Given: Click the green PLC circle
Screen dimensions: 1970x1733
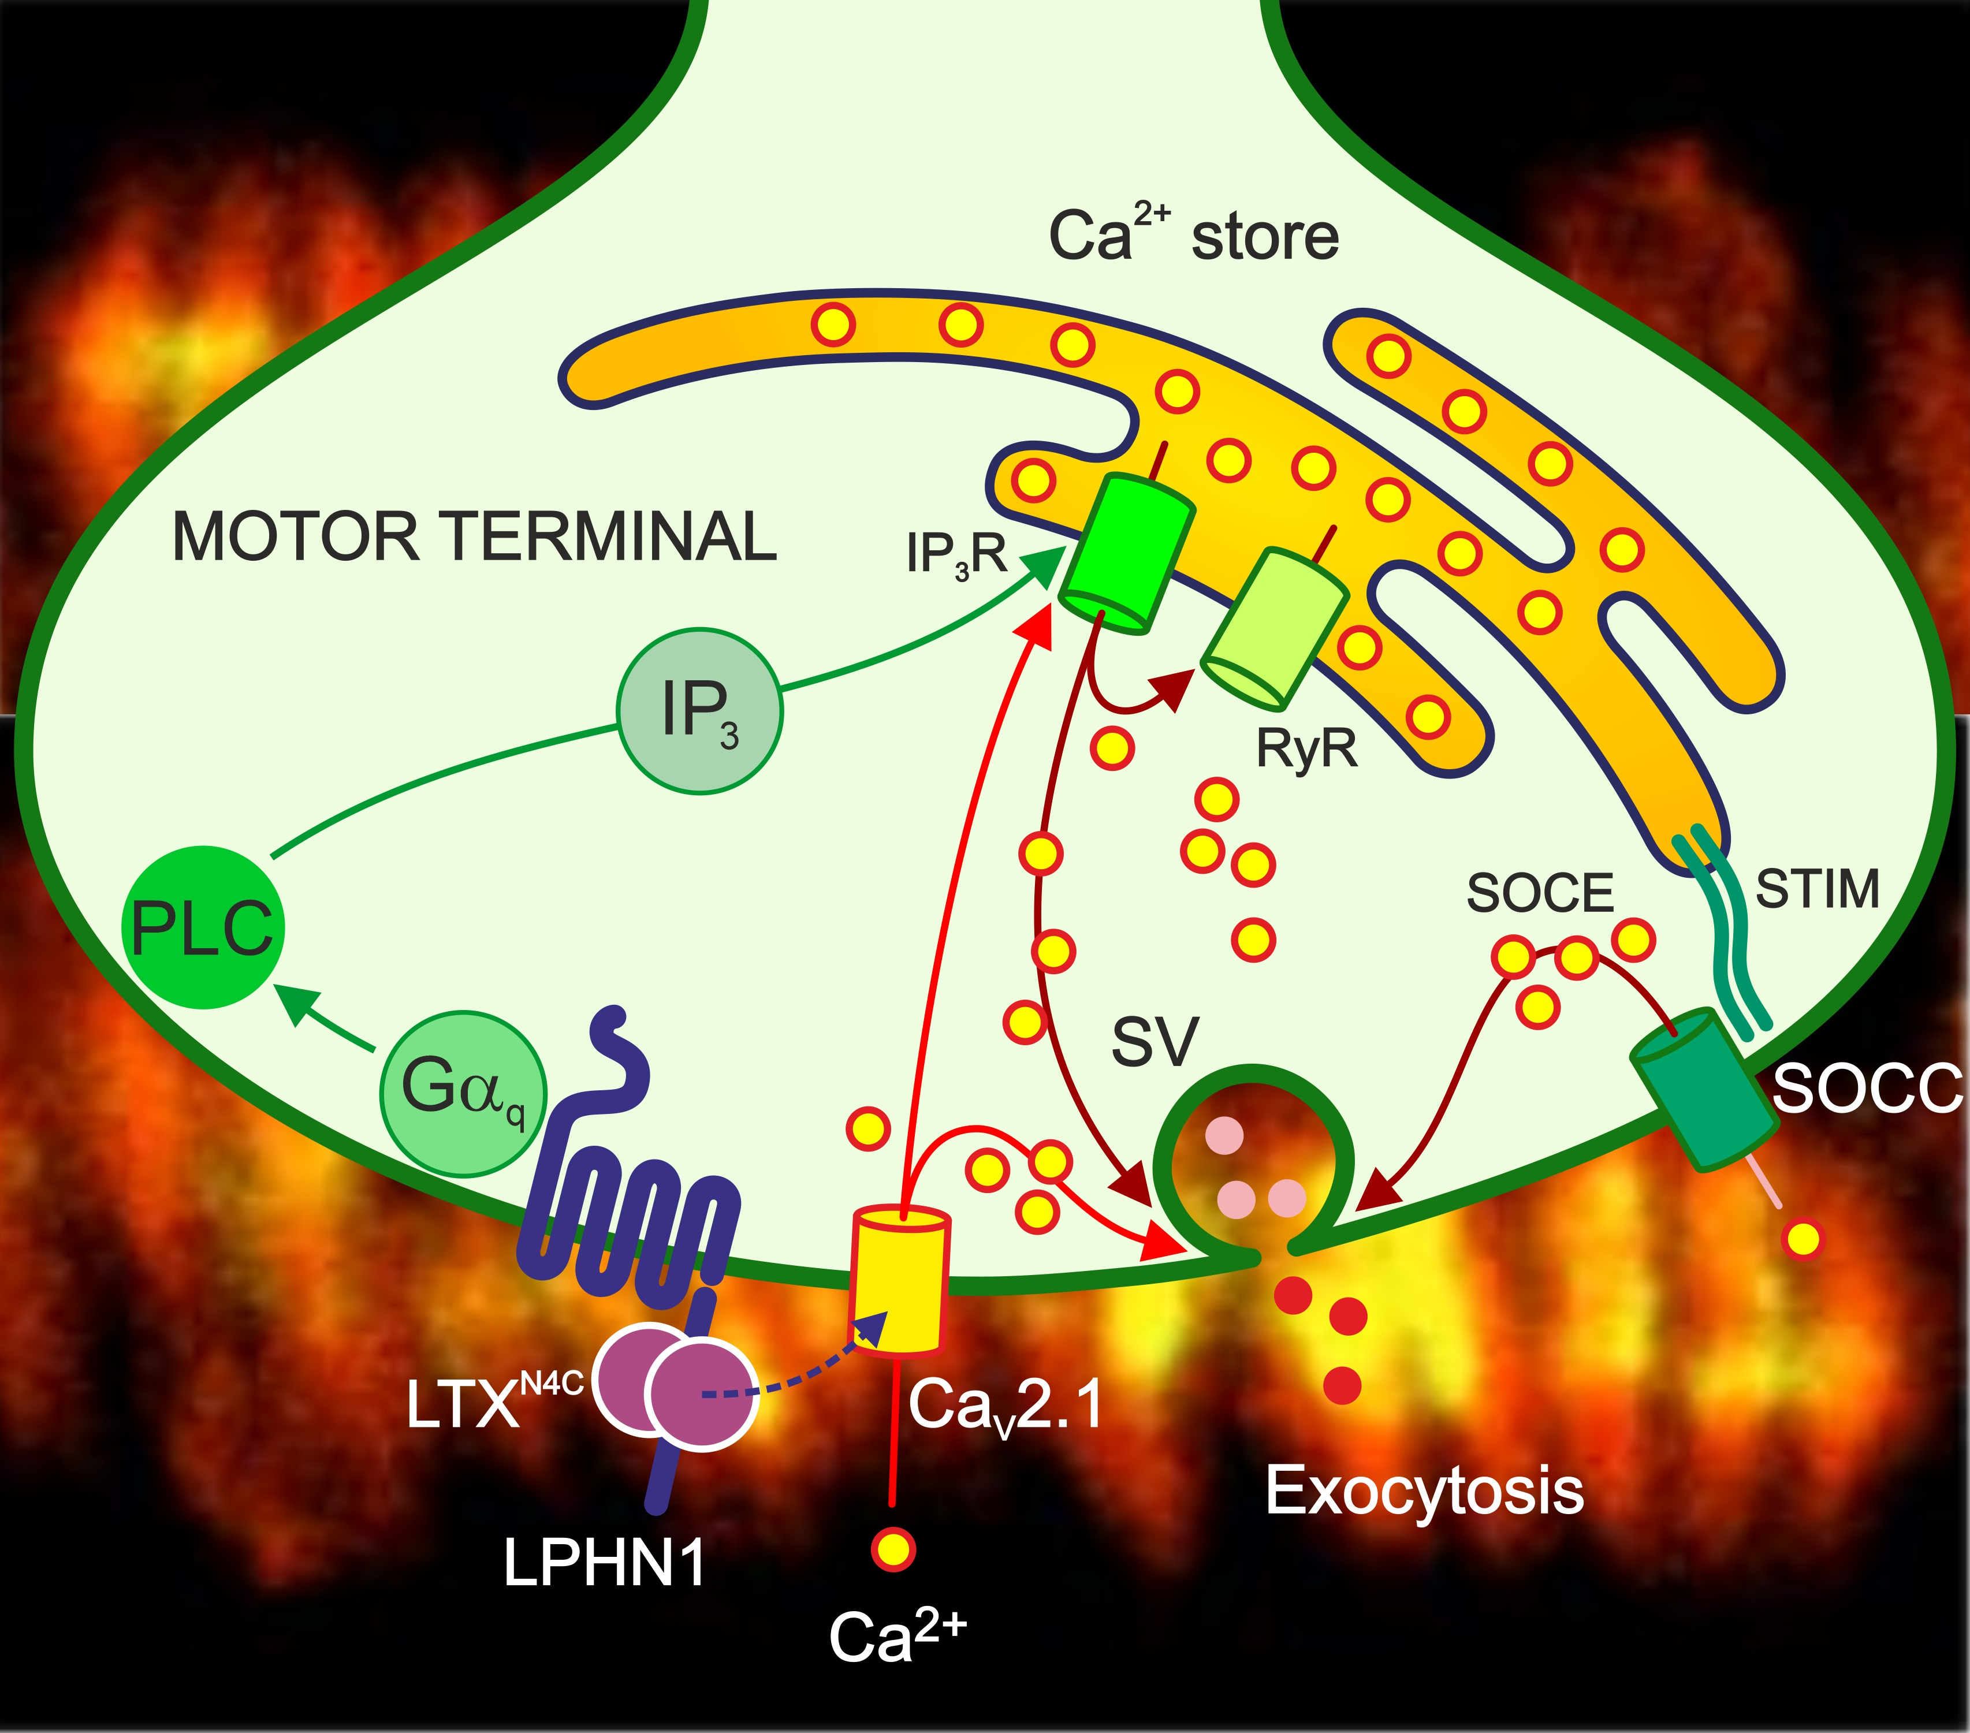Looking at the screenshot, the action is click(x=203, y=927).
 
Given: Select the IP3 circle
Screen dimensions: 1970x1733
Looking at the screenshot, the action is click(x=700, y=711).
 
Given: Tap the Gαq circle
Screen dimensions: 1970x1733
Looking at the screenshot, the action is click(x=464, y=1094).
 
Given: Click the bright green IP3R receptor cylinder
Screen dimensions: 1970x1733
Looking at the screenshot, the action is click(x=1127, y=554).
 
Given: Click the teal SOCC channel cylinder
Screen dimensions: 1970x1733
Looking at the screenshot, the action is click(x=1704, y=1089).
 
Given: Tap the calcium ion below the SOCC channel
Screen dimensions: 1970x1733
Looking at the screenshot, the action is click(x=1804, y=1239).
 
